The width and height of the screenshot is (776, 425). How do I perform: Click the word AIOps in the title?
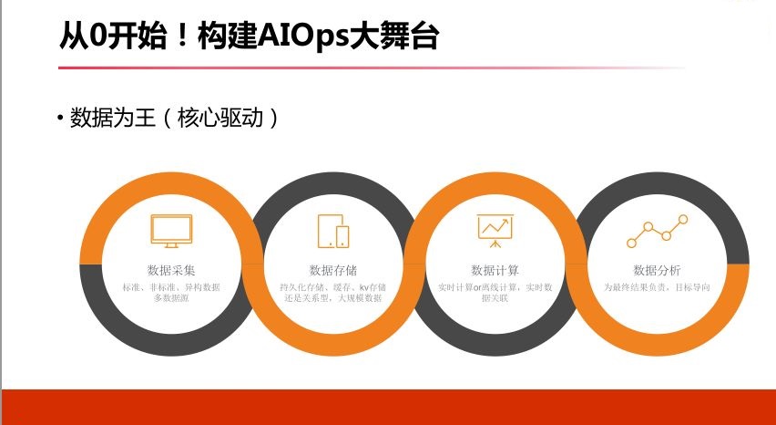click(303, 37)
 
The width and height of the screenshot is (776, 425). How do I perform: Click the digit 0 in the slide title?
click(96, 36)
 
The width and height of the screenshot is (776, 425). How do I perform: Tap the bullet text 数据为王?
click(113, 118)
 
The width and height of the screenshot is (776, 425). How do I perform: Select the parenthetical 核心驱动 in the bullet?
click(220, 118)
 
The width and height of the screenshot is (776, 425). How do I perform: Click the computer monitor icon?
click(171, 231)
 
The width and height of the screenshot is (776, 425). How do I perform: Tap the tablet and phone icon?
click(333, 231)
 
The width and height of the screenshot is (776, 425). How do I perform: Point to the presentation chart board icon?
click(495, 231)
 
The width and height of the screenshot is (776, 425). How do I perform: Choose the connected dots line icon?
click(658, 231)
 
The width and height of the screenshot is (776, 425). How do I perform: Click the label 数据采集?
click(171, 271)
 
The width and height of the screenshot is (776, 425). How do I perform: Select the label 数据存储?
click(333, 271)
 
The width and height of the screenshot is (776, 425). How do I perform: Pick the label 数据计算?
click(495, 271)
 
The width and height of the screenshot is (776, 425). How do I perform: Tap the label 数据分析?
click(658, 271)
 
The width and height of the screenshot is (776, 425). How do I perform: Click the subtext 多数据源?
click(171, 298)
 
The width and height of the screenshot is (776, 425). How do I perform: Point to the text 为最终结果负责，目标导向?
click(658, 286)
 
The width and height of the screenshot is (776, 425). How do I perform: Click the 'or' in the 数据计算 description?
click(478, 287)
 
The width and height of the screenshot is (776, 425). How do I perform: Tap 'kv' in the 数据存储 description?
click(363, 287)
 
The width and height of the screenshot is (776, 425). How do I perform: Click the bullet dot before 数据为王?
click(60, 119)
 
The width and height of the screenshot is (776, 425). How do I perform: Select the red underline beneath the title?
click(372, 67)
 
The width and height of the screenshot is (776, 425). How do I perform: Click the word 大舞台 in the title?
click(394, 37)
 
